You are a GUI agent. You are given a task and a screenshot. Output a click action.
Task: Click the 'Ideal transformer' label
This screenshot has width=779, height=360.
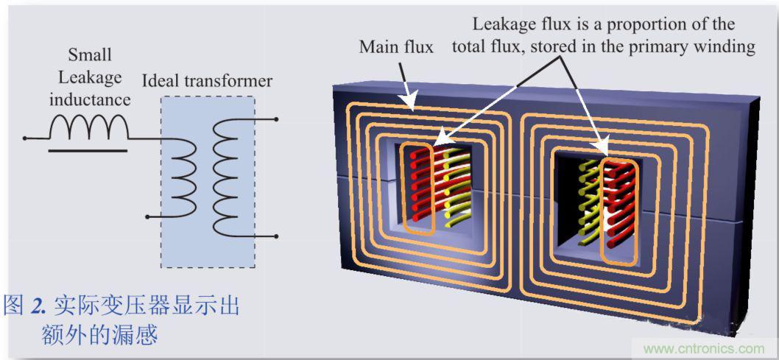coord(206,81)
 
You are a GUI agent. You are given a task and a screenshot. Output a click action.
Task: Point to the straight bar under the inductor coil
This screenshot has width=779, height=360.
coord(88,149)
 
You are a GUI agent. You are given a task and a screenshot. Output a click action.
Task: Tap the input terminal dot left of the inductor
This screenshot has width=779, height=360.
coord(24,138)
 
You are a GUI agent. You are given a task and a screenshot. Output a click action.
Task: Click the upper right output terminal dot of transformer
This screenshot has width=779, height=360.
coord(275,119)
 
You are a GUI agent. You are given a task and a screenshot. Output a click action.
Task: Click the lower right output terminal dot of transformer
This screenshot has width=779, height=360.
coord(275,236)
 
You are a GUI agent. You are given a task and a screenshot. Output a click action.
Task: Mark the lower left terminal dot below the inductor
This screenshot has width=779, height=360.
coord(149,216)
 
